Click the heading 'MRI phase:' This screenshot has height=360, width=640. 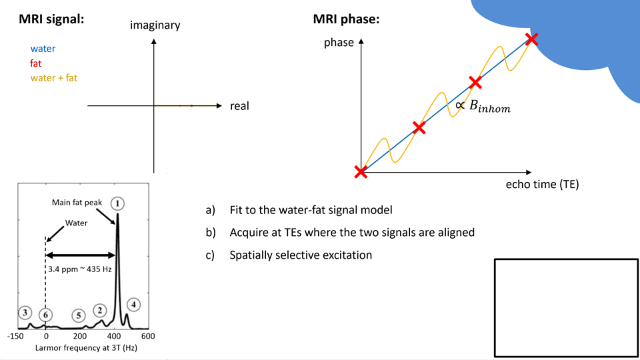346,19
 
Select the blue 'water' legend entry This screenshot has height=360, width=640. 43,49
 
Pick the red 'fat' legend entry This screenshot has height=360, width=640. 36,63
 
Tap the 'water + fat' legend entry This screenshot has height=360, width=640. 53,78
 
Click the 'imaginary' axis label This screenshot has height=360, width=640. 155,25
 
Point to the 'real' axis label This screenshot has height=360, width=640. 239,106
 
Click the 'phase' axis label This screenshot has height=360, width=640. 339,43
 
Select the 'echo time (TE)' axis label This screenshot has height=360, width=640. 542,185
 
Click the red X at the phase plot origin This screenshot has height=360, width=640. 361,172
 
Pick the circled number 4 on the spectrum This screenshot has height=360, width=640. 133,305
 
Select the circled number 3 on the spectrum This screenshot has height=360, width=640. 25,312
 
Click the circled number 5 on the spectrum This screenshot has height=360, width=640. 79,315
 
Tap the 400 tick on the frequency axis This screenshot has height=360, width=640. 114,336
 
